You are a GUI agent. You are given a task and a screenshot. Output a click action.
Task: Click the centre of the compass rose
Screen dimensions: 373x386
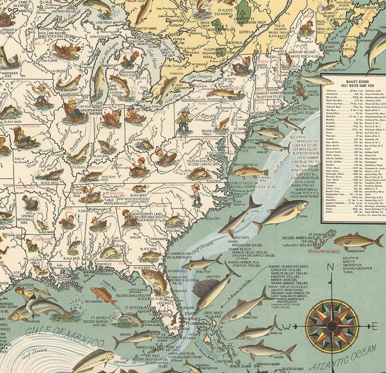coord(333,325)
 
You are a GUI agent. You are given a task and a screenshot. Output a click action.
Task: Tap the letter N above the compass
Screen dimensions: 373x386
coord(331,268)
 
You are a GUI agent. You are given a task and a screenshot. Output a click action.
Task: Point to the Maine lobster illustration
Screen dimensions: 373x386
coord(302,90)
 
